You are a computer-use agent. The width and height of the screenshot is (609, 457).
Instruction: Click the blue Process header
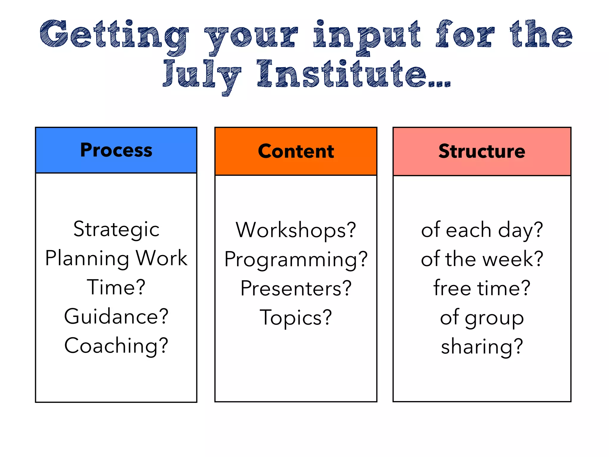click(x=116, y=150)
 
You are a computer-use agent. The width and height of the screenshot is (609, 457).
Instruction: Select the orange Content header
click(x=296, y=151)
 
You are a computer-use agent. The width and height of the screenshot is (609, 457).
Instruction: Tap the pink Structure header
click(x=482, y=151)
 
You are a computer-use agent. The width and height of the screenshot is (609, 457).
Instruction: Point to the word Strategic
click(x=116, y=229)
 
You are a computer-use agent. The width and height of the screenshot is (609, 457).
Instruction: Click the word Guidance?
click(x=116, y=316)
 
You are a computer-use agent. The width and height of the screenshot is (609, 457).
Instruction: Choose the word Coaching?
click(x=116, y=345)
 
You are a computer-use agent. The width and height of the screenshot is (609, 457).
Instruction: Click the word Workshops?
click(x=296, y=230)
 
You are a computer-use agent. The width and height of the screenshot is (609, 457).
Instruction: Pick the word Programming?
click(x=296, y=259)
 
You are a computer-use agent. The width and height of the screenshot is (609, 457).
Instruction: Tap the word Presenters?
click(x=296, y=288)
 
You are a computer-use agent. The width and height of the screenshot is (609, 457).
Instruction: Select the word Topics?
click(x=296, y=317)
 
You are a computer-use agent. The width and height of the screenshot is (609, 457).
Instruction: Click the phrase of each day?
click(x=482, y=230)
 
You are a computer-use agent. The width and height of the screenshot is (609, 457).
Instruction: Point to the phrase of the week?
click(x=482, y=259)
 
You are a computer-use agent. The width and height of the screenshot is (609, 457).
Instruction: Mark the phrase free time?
click(x=482, y=288)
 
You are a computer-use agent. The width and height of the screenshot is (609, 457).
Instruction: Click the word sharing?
click(x=482, y=346)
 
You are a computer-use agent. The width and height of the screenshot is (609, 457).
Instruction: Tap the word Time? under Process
click(x=116, y=287)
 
